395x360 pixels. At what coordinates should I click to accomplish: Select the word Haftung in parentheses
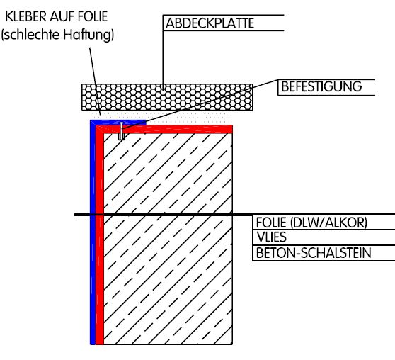pyautogui.click(x=88, y=35)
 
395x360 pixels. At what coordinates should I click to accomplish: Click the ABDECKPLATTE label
pyautogui.click(x=210, y=23)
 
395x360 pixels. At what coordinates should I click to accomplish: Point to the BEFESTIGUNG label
pyautogui.click(x=321, y=86)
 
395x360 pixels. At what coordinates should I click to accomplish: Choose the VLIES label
pyautogui.click(x=271, y=237)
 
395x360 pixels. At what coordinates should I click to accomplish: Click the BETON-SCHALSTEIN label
pyautogui.click(x=314, y=253)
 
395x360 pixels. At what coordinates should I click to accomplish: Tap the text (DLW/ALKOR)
pyautogui.click(x=328, y=223)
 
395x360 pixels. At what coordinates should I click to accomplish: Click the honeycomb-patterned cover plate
pyautogui.click(x=167, y=97)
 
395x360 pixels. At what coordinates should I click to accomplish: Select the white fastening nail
pyautogui.click(x=122, y=130)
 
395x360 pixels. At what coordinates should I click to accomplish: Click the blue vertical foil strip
pyautogui.click(x=93, y=232)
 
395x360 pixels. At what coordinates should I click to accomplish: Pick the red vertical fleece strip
pyautogui.click(x=100, y=235)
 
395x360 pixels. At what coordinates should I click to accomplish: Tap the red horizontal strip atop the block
pyautogui.click(x=166, y=129)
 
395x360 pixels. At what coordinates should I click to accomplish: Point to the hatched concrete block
pyautogui.click(x=168, y=238)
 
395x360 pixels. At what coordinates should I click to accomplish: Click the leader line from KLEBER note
pyautogui.click(x=96, y=81)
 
